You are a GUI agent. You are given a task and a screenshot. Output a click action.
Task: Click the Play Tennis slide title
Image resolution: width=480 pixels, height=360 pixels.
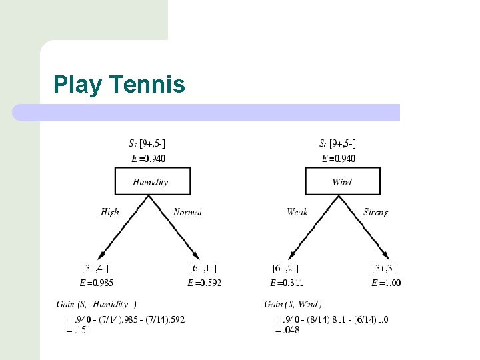pyautogui.click(x=119, y=85)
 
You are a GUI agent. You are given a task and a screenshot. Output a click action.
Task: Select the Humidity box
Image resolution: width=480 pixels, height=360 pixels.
pyautogui.click(x=153, y=181)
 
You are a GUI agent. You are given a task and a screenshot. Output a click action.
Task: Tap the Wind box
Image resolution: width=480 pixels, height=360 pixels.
pyautogui.click(x=343, y=181)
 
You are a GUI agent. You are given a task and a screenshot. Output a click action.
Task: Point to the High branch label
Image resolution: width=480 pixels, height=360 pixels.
pyautogui.click(x=110, y=212)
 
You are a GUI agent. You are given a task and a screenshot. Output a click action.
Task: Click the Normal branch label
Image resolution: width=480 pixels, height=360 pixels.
pyautogui.click(x=187, y=212)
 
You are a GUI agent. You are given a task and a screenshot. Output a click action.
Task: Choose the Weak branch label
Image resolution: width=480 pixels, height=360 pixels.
pyautogui.click(x=297, y=212)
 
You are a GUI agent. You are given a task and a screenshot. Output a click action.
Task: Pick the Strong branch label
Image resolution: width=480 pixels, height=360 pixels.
pyautogui.click(x=376, y=212)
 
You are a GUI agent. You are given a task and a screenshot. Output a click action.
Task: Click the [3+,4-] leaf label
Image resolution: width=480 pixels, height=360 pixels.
pyautogui.click(x=95, y=269)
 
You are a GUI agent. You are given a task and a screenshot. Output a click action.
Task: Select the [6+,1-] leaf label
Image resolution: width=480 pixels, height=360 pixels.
pyautogui.click(x=203, y=269)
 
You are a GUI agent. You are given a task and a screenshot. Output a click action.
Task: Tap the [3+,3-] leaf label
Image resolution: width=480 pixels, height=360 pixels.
pyautogui.click(x=385, y=269)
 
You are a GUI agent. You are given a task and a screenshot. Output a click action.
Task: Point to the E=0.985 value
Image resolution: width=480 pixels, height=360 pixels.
pyautogui.click(x=96, y=283)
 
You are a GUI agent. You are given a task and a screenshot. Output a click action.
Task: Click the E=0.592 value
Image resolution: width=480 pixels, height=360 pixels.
pyautogui.click(x=204, y=283)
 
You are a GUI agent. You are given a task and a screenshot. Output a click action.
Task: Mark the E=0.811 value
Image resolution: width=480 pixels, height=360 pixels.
pyautogui.click(x=287, y=283)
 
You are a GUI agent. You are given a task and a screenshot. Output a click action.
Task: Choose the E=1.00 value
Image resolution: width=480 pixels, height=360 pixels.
pyautogui.click(x=386, y=283)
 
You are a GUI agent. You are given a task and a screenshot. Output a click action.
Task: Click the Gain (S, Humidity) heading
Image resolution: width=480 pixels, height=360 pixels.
pyautogui.click(x=96, y=305)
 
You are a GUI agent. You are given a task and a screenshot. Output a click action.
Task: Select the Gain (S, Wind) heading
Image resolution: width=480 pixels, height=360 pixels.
pyautogui.click(x=293, y=305)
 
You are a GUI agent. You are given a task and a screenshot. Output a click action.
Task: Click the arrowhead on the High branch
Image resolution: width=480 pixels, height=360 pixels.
pyautogui.click(x=101, y=255)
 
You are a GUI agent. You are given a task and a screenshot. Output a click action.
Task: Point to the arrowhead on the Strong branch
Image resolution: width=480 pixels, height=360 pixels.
pyautogui.click(x=386, y=255)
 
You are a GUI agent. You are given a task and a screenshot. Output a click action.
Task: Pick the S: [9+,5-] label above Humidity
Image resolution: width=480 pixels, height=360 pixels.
pyautogui.click(x=147, y=143)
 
